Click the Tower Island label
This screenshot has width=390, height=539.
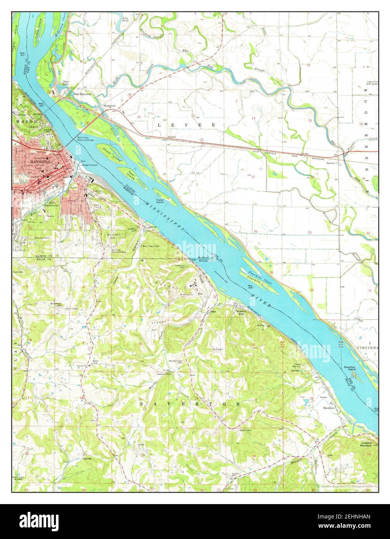pyautogui.click(x=160, y=201)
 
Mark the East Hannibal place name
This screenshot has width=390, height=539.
pyautogui.click(x=83, y=94)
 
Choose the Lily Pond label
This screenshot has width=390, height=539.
pyautogui.click(x=125, y=19)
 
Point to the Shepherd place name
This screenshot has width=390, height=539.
pyautogui.click(x=109, y=105)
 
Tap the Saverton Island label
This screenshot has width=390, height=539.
pyautogui.click(x=349, y=368)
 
